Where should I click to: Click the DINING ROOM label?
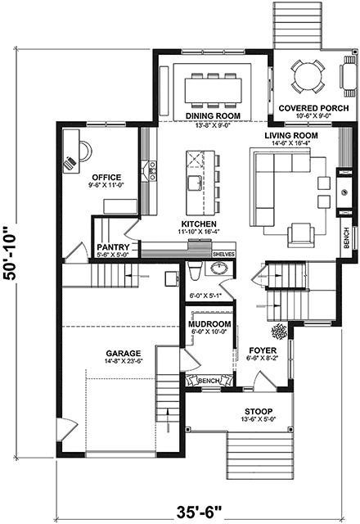pyautogui.click(x=211, y=116)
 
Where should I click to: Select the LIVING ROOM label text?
pyautogui.click(x=290, y=136)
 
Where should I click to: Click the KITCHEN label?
pyautogui.click(x=199, y=224)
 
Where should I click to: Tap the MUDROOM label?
pyautogui.click(x=209, y=324)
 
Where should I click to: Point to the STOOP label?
pyautogui.click(x=259, y=411)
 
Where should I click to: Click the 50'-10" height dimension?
pyautogui.click(x=11, y=255)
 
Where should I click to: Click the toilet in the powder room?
pyautogui.click(x=195, y=273)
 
